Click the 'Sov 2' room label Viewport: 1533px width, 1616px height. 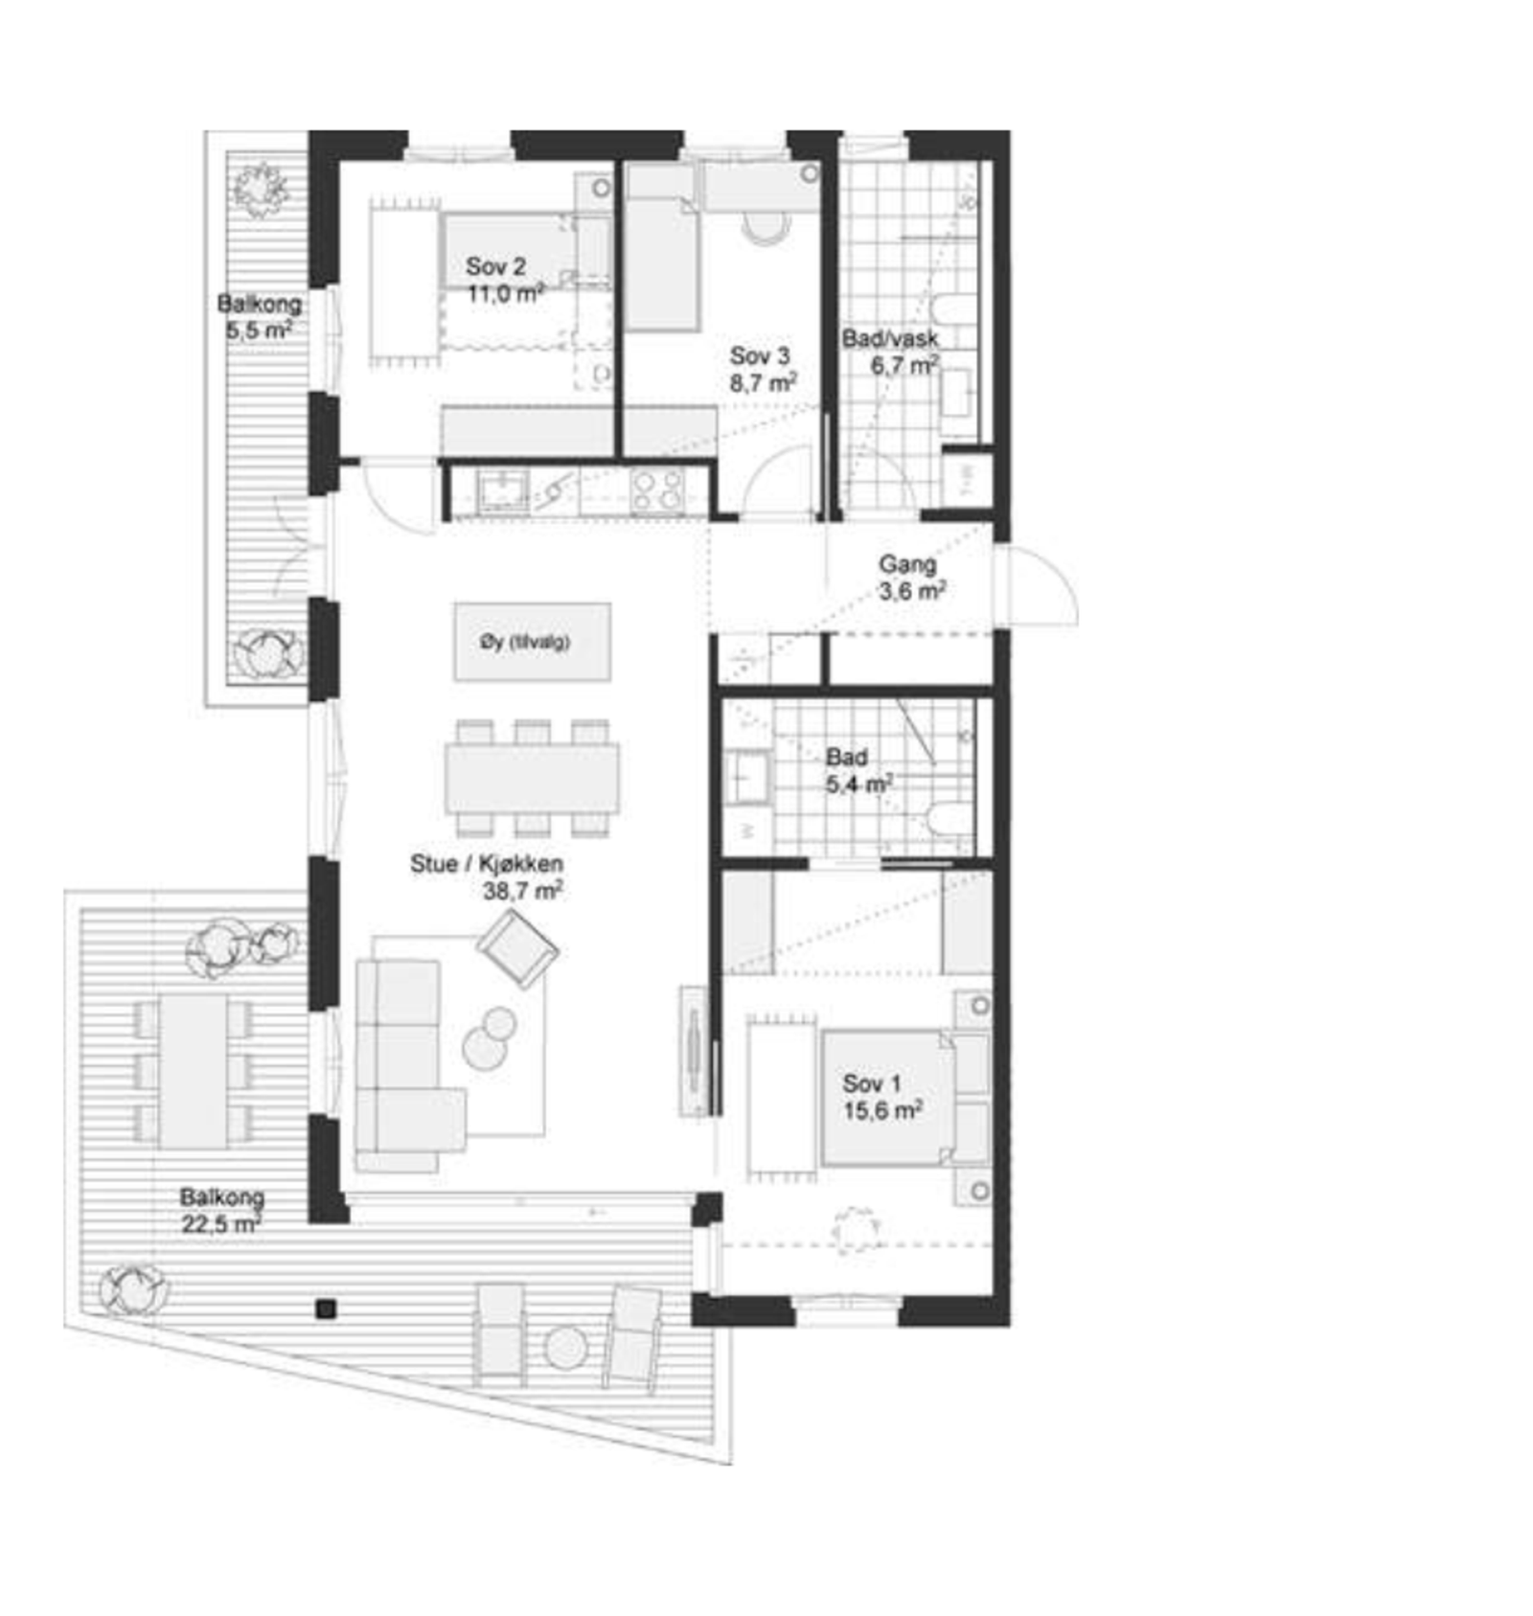coord(494,266)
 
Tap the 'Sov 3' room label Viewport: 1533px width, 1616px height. coord(759,355)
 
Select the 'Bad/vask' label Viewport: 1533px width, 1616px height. coord(889,338)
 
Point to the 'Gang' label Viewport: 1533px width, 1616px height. coord(906,564)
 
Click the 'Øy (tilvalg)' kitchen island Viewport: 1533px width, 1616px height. coord(532,642)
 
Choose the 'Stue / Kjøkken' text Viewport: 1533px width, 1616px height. coord(486,863)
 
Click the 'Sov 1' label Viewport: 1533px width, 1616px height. coord(871,1083)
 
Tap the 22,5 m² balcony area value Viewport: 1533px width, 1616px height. coord(221,1223)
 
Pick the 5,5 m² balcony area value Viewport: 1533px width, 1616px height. coord(258,331)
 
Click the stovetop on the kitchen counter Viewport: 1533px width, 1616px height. coord(656,489)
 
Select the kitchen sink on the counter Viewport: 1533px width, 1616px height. coord(503,490)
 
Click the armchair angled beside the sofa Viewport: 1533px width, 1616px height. coord(517,948)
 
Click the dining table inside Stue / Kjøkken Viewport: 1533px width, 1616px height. coord(532,779)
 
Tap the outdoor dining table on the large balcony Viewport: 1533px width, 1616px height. coord(194,1071)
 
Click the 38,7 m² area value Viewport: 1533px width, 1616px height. coord(522,891)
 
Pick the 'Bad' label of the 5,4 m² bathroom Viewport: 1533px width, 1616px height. coord(846,757)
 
